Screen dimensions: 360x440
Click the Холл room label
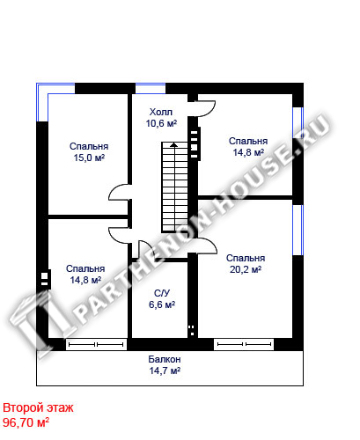tap(161, 112)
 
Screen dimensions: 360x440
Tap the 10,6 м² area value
tap(161, 123)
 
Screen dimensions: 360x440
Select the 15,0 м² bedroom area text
tap(89, 158)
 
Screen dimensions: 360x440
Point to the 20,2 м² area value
tap(246, 269)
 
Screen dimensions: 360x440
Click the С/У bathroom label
tap(162, 293)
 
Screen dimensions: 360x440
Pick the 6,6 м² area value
tap(162, 304)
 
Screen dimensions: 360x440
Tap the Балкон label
tap(165, 359)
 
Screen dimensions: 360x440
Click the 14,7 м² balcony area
tap(165, 370)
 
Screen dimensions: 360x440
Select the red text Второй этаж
tap(38, 407)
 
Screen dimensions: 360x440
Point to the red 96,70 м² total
tap(26, 422)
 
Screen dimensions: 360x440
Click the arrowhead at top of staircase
tap(174, 144)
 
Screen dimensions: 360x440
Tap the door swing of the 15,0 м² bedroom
tap(119, 192)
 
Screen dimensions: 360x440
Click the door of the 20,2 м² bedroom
tap(207, 246)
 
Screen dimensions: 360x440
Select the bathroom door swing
tap(145, 249)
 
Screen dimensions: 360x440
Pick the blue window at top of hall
tap(151, 89)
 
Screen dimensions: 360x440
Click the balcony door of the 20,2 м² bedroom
tap(244, 344)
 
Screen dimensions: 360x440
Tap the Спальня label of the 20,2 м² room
tap(246, 258)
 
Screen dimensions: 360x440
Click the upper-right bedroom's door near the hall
tap(206, 109)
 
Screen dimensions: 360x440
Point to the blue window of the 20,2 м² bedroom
tap(298, 230)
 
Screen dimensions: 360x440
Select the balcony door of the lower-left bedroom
tap(96, 344)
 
